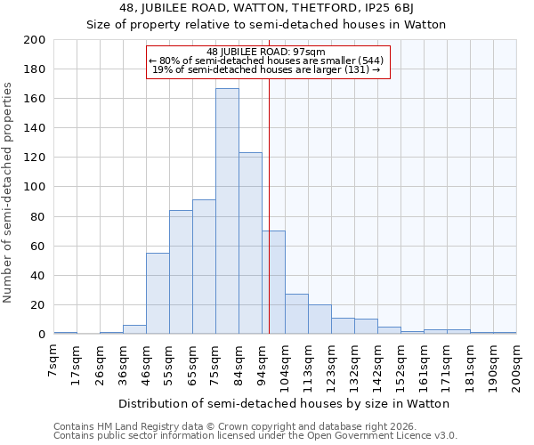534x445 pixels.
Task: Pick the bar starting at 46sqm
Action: click(158, 294)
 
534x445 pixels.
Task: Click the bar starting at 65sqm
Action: click(204, 267)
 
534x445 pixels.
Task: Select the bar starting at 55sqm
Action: click(181, 272)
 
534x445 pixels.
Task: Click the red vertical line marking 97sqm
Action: click(269, 222)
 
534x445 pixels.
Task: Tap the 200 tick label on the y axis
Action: click(35, 40)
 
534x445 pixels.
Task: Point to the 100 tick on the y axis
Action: click(35, 187)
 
